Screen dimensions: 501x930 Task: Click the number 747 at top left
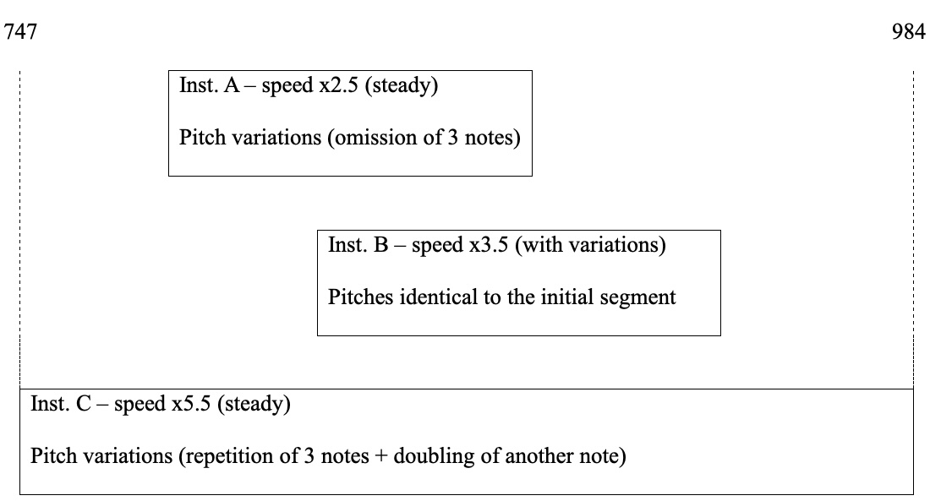(21, 33)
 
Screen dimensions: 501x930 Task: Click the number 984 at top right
(909, 33)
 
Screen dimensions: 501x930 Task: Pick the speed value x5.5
(189, 405)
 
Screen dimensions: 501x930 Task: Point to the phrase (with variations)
(590, 246)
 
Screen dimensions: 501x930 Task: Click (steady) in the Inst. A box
(401, 86)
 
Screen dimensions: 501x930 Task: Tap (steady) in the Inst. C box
(254, 405)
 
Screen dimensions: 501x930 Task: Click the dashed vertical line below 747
(19, 228)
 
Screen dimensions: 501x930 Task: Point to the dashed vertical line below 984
(913, 228)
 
